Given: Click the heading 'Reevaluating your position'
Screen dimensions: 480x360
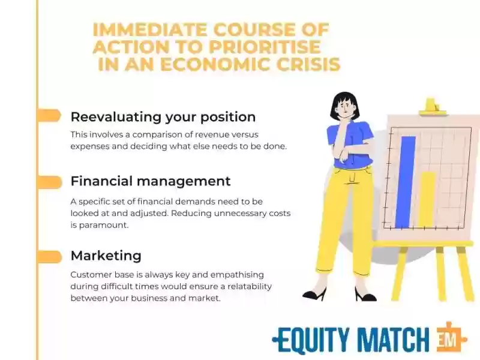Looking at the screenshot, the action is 163,117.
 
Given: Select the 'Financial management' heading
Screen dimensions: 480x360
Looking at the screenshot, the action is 151,181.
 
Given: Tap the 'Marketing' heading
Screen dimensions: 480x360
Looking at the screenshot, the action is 106,256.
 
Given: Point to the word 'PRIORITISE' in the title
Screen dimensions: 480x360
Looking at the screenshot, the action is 265,47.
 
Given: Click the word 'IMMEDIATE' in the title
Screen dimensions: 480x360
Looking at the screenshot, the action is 150,29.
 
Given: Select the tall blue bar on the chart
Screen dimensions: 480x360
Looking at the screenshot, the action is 406,182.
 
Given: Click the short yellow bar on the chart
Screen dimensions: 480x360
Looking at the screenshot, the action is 427,200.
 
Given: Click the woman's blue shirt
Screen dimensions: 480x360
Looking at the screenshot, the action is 352,144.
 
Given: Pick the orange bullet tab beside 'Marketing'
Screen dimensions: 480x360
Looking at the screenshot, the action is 49,257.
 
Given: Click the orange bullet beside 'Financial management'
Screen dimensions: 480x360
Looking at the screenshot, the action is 49,182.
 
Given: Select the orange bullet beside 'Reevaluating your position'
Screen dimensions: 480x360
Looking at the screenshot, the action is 49,115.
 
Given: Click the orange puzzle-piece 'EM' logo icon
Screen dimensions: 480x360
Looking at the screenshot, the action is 451,338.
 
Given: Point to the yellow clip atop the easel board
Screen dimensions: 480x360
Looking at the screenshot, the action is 432,107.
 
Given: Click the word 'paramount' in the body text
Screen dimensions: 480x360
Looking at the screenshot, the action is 103,225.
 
